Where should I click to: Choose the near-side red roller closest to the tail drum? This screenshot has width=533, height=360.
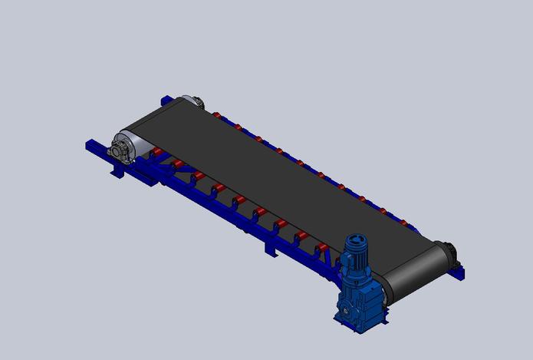point(159,153)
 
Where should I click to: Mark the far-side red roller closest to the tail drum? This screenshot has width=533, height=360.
point(218,116)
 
